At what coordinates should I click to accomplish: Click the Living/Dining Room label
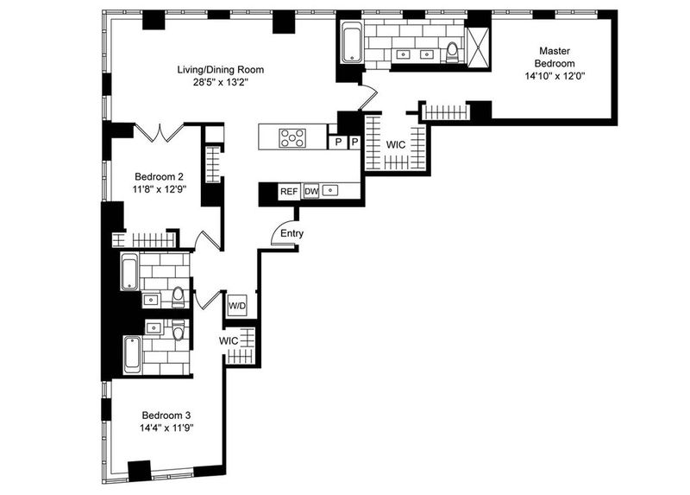(221, 70)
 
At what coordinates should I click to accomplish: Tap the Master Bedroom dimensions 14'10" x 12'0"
(555, 76)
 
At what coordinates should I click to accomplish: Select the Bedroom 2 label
(159, 177)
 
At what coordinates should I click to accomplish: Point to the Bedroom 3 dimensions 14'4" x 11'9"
(166, 428)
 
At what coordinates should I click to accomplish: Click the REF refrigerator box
(289, 192)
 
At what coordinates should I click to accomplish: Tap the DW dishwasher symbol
(311, 191)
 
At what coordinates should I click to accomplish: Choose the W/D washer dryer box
(237, 306)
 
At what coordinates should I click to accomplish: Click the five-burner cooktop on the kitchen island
(292, 137)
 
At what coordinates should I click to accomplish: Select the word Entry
(292, 233)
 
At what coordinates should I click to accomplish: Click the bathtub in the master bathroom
(352, 45)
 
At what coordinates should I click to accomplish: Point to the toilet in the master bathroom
(452, 53)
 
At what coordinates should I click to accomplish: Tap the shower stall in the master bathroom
(478, 47)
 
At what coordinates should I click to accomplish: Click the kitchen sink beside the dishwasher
(330, 190)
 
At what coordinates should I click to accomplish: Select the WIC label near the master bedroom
(396, 144)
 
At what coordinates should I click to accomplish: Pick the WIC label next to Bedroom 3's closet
(229, 340)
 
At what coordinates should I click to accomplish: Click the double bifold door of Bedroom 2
(159, 132)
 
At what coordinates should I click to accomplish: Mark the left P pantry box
(338, 142)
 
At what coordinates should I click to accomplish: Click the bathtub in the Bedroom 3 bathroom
(133, 354)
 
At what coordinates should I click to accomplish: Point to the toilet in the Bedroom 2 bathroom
(178, 297)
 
